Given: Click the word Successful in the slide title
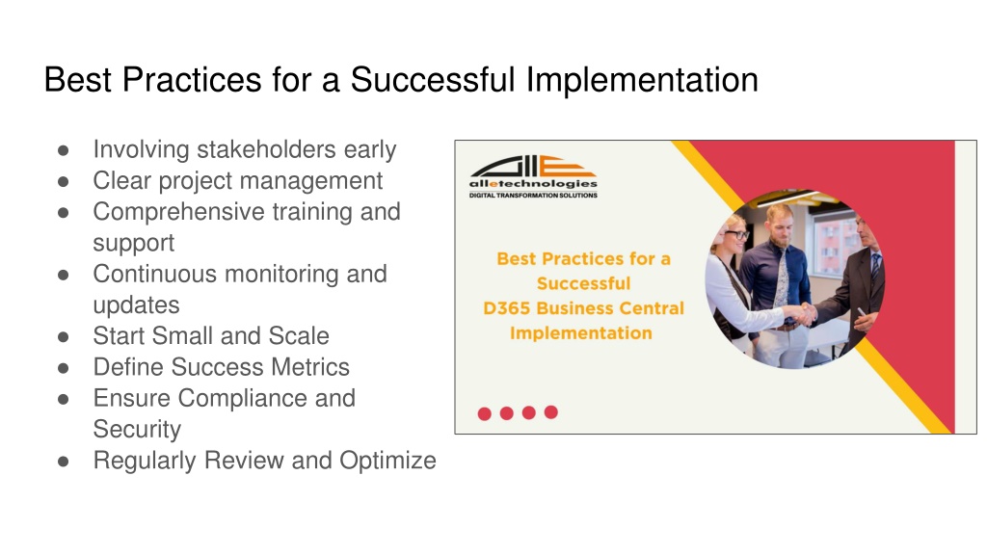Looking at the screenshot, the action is [x=433, y=79].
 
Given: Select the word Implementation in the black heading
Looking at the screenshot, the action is [x=642, y=81].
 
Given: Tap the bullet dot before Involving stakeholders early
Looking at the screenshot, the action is [x=63, y=151].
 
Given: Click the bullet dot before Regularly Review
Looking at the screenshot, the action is [x=63, y=462].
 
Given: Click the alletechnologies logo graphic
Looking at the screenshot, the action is [x=532, y=166].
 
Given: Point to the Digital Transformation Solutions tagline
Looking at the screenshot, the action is [x=533, y=195].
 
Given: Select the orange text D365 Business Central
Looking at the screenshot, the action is [x=583, y=308].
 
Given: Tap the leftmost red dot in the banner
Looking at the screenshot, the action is [x=484, y=413].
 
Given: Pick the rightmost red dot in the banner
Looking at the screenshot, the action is [x=550, y=411].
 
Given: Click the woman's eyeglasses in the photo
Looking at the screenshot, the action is [x=735, y=235].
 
